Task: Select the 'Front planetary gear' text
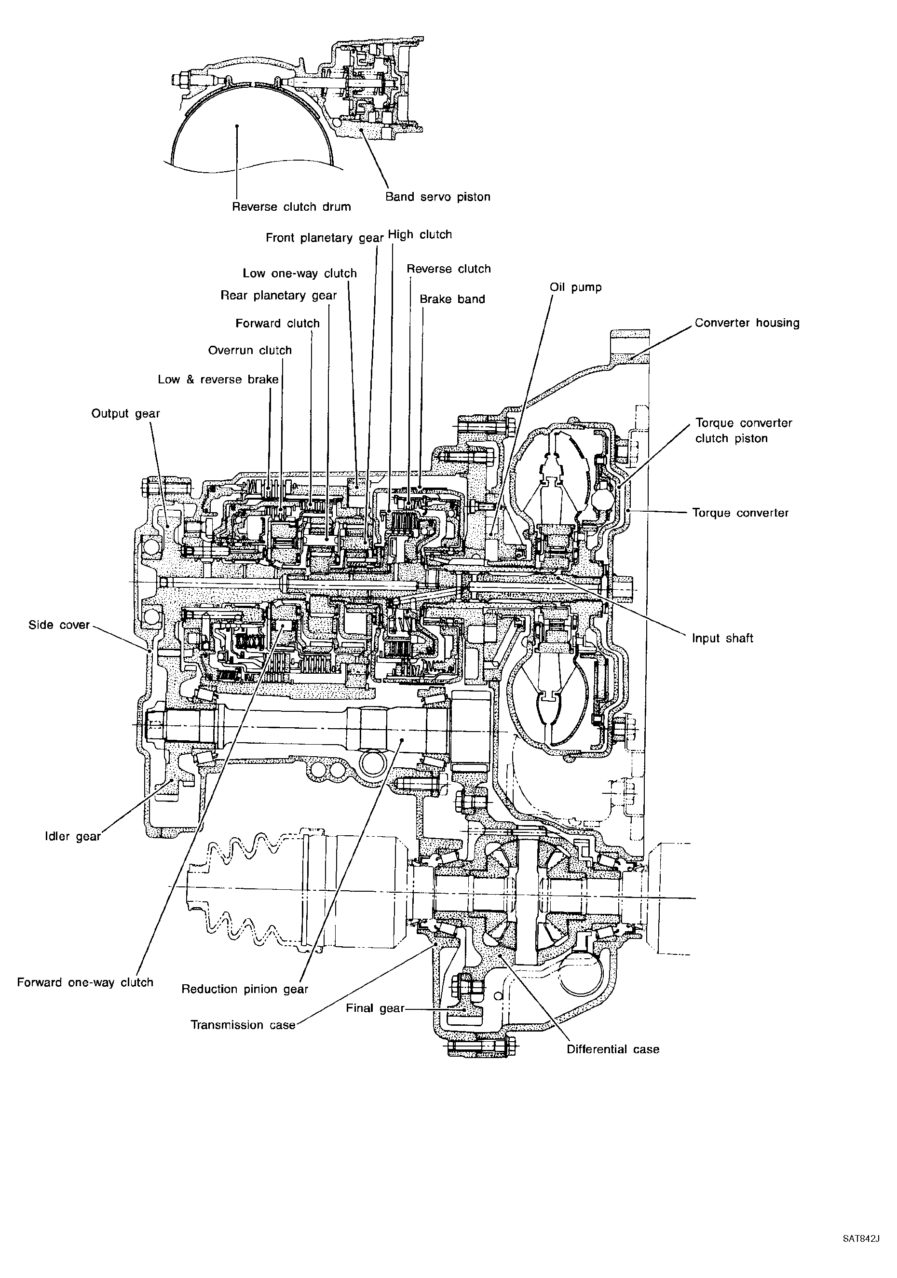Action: (325, 238)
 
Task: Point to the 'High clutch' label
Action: (420, 234)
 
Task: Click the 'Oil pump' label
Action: (575, 287)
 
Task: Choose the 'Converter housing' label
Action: (747, 323)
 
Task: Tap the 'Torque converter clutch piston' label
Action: (744, 430)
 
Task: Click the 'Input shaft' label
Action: (722, 639)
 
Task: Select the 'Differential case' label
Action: (612, 1049)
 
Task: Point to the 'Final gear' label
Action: (375, 1008)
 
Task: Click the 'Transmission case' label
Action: (243, 1025)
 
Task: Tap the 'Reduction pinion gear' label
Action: (245, 989)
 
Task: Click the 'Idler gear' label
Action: (72, 837)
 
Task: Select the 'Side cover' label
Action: (59, 625)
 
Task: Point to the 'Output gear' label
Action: (125, 414)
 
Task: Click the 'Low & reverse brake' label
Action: (218, 379)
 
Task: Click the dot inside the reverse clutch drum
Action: (237, 126)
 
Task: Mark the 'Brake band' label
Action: (452, 299)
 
